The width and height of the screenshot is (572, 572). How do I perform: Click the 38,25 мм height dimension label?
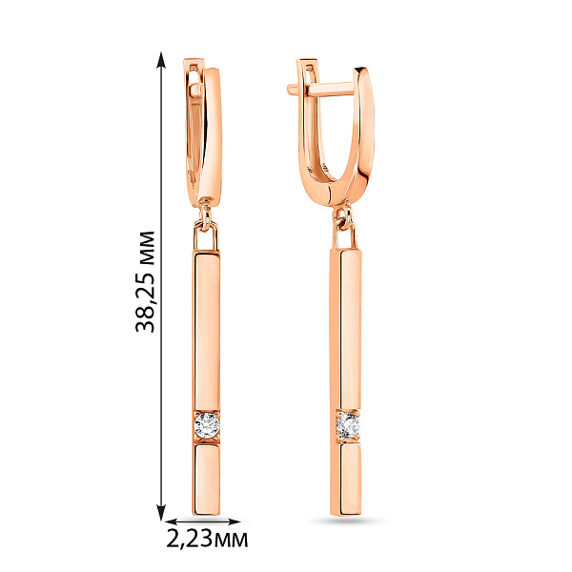point(145,281)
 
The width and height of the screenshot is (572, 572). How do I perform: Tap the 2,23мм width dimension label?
point(207,539)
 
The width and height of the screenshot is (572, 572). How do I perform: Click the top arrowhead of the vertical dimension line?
point(161,60)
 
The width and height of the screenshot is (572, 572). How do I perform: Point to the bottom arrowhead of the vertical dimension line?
point(161,512)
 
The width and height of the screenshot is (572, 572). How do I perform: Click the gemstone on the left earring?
point(207,425)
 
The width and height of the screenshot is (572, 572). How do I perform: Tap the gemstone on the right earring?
point(348,426)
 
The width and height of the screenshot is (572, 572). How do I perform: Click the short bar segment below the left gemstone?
point(207,480)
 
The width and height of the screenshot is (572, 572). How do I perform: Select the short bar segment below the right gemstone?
point(346,480)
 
